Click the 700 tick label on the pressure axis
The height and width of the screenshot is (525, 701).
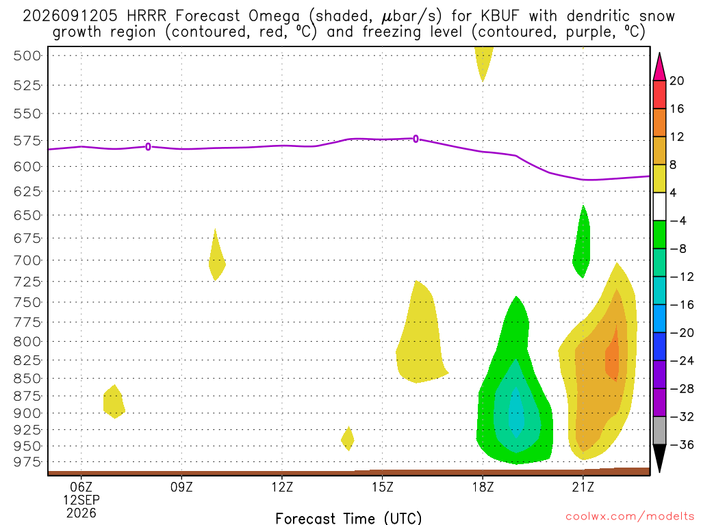pos(27,260)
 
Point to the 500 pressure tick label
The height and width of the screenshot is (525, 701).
pos(27,56)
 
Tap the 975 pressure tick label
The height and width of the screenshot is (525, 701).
pos(27,462)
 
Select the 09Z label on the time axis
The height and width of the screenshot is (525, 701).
pos(181,487)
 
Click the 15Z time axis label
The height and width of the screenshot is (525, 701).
pos(382,487)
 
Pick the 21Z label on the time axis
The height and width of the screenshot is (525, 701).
pos(583,487)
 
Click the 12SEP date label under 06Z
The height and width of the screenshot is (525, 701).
pos(81,500)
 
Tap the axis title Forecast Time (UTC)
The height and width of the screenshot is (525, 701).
pos(348,518)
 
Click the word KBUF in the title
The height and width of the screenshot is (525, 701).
pos(500,16)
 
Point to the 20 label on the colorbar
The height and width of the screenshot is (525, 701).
pos(677,81)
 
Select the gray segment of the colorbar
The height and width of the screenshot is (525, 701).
pos(659,431)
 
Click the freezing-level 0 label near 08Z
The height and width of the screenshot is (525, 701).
pos(148,146)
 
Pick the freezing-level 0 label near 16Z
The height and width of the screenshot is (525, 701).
pos(416,139)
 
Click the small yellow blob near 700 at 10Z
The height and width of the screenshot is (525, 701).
pos(216,258)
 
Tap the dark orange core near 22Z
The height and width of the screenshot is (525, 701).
pos(613,355)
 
